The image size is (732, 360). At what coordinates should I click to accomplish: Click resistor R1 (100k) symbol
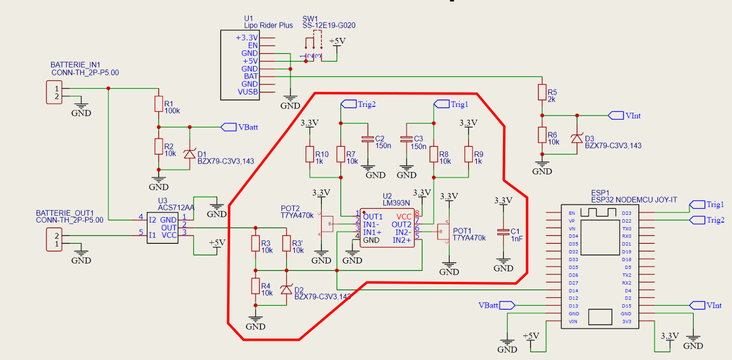click(158, 104)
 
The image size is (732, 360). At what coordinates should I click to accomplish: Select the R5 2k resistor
click(542, 92)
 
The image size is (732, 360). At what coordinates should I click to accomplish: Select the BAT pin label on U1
click(251, 76)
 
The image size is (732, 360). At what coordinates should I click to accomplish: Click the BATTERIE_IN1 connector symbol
click(54, 93)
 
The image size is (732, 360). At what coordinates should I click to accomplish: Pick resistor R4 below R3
click(255, 286)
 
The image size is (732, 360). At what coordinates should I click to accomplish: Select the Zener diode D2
click(286, 290)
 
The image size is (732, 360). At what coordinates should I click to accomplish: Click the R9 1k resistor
click(468, 154)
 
